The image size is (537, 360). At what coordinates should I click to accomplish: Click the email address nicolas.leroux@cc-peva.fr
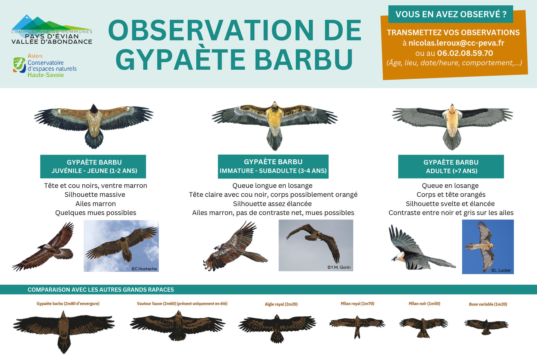tap(456, 43)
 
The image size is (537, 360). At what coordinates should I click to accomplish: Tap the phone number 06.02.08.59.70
tap(465, 53)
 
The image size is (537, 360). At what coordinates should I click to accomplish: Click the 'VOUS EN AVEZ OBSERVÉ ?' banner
tap(451, 14)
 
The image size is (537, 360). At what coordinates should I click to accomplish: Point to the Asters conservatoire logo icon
tap(19, 65)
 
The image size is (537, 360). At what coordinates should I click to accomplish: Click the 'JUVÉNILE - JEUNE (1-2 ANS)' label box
tap(93, 166)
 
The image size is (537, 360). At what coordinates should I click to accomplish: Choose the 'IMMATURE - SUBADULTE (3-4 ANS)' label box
tap(273, 166)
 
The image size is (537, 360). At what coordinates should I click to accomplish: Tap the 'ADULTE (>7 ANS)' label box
tap(451, 166)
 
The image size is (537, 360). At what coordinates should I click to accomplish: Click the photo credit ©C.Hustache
tap(144, 269)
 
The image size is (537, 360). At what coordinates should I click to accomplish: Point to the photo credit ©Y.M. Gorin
tap(339, 267)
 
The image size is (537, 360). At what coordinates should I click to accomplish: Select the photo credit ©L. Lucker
tap(501, 270)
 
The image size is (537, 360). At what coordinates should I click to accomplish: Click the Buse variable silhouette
tap(486, 326)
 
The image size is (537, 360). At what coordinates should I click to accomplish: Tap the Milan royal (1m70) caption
tap(357, 303)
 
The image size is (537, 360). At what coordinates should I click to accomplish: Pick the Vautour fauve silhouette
tap(177, 325)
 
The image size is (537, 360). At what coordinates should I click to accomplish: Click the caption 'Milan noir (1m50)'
tap(424, 303)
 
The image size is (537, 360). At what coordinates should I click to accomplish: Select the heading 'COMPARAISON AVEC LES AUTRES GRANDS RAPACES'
tap(101, 290)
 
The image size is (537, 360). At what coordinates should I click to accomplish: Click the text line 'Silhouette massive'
tap(95, 194)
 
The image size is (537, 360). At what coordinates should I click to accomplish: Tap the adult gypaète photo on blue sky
tap(488, 247)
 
